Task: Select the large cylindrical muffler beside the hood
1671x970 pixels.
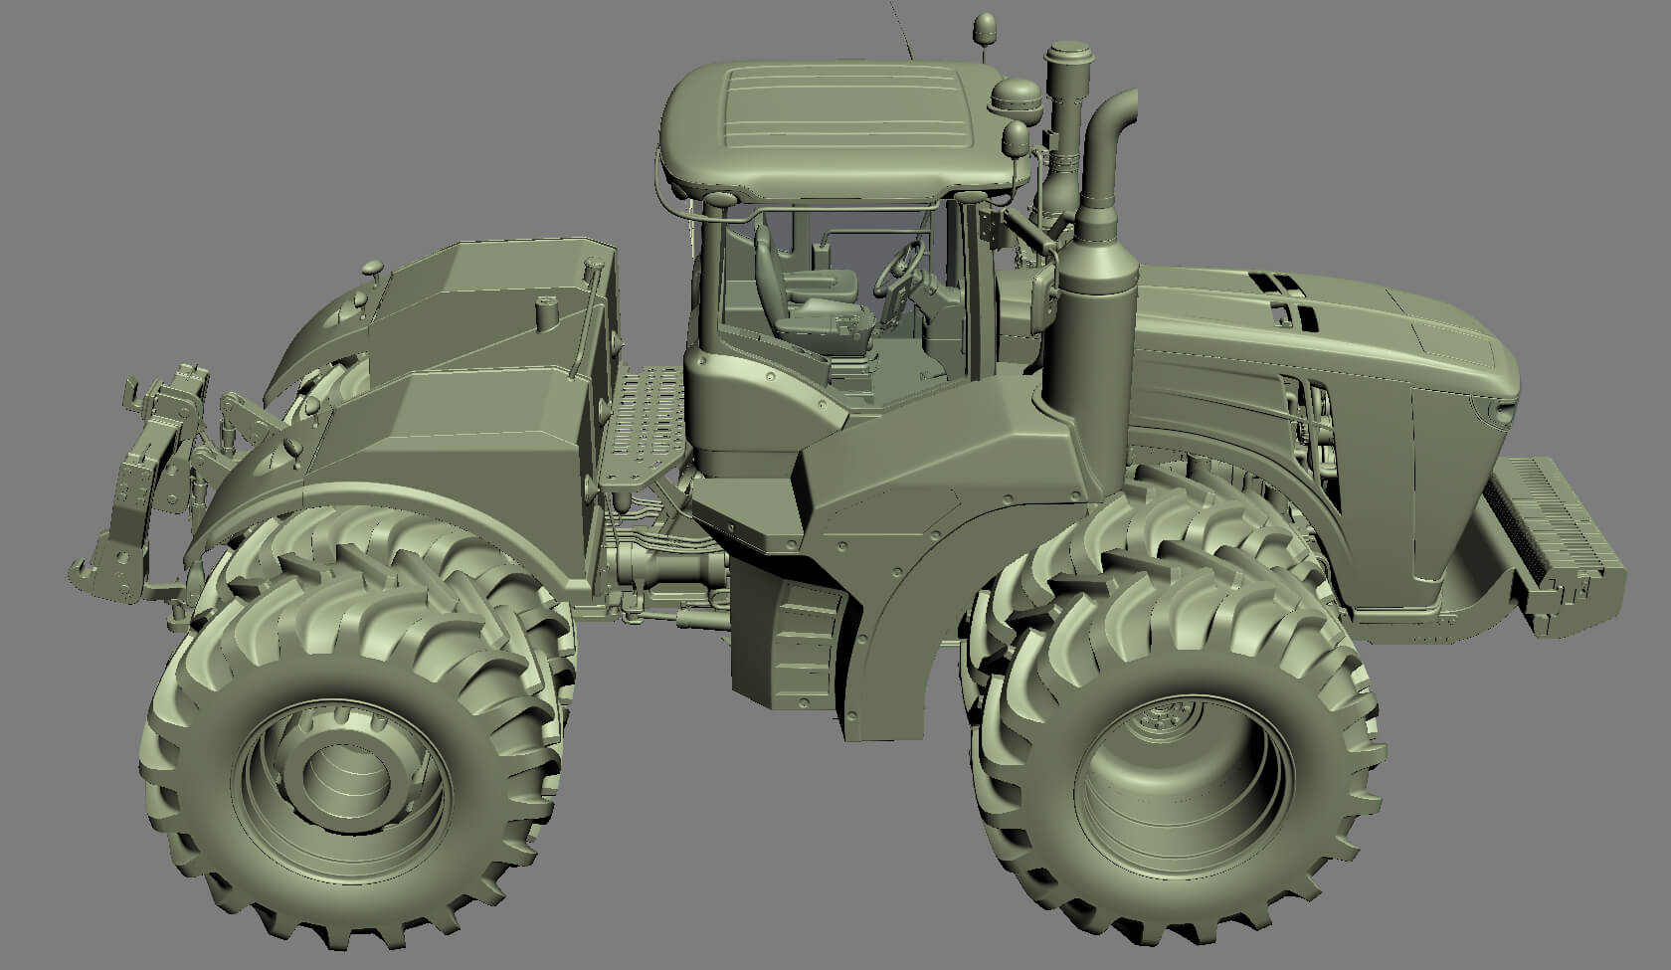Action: tap(1094, 328)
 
